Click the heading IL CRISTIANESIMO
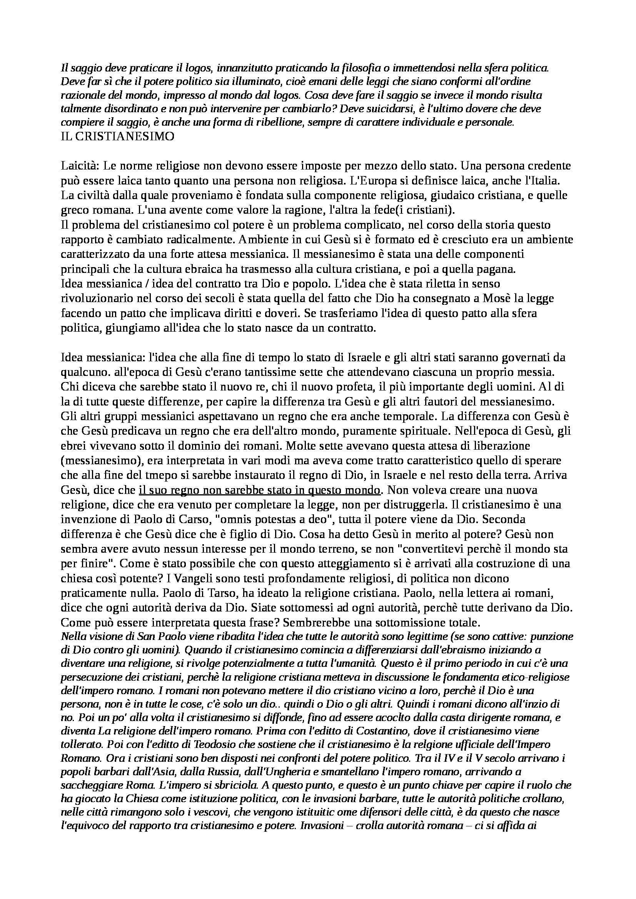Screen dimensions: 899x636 (x=118, y=137)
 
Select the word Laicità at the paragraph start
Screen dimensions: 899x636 (x=80, y=166)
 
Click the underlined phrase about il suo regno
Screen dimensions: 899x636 (x=259, y=490)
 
